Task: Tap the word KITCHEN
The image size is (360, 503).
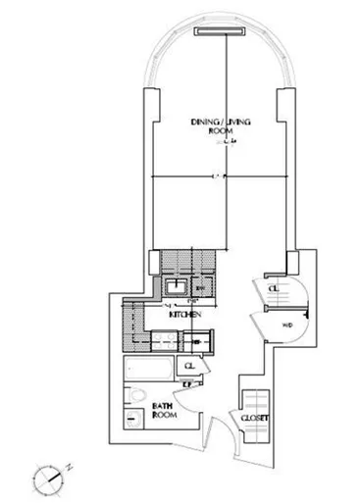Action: pos(185,315)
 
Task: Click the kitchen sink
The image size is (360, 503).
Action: pos(176,287)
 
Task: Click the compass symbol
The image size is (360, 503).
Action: pos(49,477)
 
